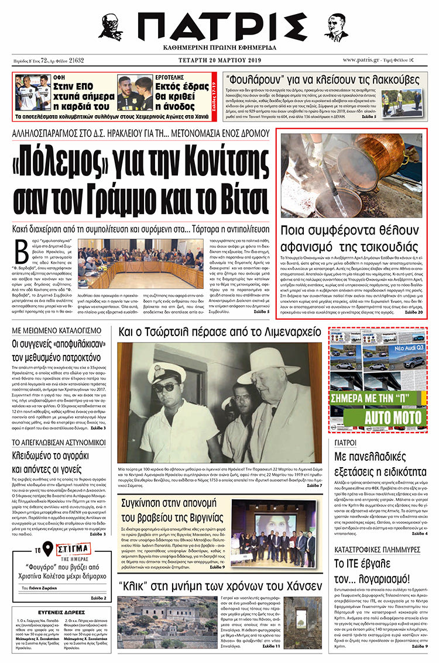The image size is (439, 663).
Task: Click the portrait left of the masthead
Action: pyautogui.click(x=111, y=26)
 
